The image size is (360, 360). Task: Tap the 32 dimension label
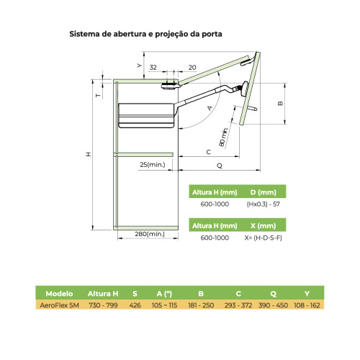tap(153, 68)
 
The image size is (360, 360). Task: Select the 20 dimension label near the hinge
tap(192, 68)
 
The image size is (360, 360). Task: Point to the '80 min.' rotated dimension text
tap(223, 137)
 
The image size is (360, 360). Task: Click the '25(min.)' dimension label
tap(153, 165)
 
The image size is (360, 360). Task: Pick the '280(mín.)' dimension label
tap(150, 234)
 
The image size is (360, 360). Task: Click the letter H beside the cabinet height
tap(89, 154)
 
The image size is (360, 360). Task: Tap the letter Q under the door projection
tap(220, 166)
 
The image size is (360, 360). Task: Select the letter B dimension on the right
tap(280, 104)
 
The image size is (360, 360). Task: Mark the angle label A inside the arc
tap(210, 108)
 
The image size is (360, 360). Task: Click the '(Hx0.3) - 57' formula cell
tap(264, 204)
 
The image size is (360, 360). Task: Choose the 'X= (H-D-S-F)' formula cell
tap(264, 238)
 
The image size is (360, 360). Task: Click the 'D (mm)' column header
tap(264, 192)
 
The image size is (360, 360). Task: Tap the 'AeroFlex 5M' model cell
tap(59, 305)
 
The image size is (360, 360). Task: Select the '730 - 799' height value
tap(103, 305)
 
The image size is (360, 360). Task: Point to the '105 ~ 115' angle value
tap(164, 305)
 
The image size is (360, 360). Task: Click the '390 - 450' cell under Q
tap(273, 305)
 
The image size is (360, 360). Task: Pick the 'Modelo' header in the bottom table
tap(59, 294)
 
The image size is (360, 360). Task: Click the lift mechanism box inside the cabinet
tap(146, 115)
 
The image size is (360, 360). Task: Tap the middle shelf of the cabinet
tap(145, 154)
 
